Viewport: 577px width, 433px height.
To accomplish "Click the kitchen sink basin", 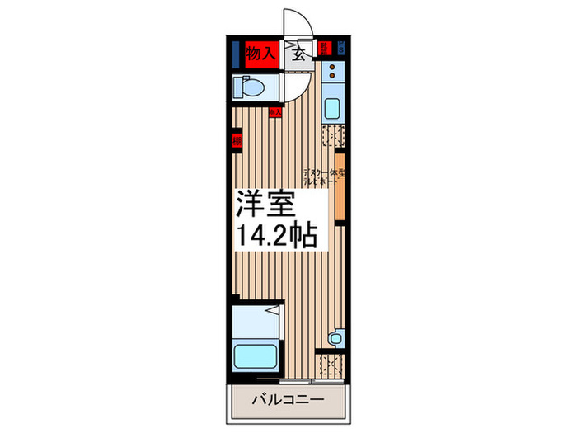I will [332, 108].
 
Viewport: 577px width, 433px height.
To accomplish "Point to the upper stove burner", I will [333, 66].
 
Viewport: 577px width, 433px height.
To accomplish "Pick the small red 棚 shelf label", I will [237, 140].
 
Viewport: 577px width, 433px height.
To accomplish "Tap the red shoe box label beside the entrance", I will [325, 48].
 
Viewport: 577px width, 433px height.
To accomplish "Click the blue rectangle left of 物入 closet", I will [236, 54].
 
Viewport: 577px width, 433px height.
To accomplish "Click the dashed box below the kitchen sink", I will [332, 136].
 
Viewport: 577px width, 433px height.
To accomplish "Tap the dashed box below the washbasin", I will [332, 364].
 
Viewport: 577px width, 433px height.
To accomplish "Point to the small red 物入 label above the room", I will [276, 111].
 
